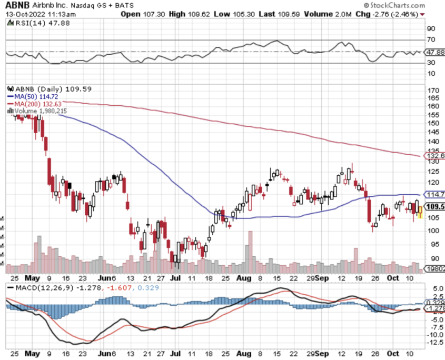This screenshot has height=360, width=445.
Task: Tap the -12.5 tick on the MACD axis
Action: click(x=434, y=343)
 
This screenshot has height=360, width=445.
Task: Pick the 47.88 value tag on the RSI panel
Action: click(x=435, y=52)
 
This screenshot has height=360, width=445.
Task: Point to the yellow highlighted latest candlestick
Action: click(x=420, y=212)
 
